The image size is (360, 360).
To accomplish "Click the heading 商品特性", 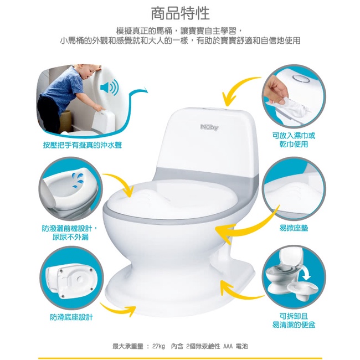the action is point(180,13).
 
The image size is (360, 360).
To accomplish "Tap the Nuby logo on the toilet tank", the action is point(209,127).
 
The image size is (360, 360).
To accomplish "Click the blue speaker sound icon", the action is point(109,88).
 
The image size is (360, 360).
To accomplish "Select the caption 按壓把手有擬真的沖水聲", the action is point(83,145).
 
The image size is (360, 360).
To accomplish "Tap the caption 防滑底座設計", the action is point(71,317).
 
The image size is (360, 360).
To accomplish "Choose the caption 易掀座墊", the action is point(294,228).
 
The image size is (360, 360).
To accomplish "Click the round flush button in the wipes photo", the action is point(301,78).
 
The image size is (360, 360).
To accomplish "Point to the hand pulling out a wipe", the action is point(275,90).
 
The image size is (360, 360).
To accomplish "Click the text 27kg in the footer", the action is point(158,346).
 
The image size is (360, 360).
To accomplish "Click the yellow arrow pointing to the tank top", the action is point(237,88).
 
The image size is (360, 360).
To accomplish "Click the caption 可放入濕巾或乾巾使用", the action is point(294,140).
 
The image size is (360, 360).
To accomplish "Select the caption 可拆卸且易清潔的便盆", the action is point(294,321).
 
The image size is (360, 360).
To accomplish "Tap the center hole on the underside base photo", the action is point(79,279).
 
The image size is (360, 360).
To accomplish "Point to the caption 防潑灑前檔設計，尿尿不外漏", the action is point(70,233).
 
